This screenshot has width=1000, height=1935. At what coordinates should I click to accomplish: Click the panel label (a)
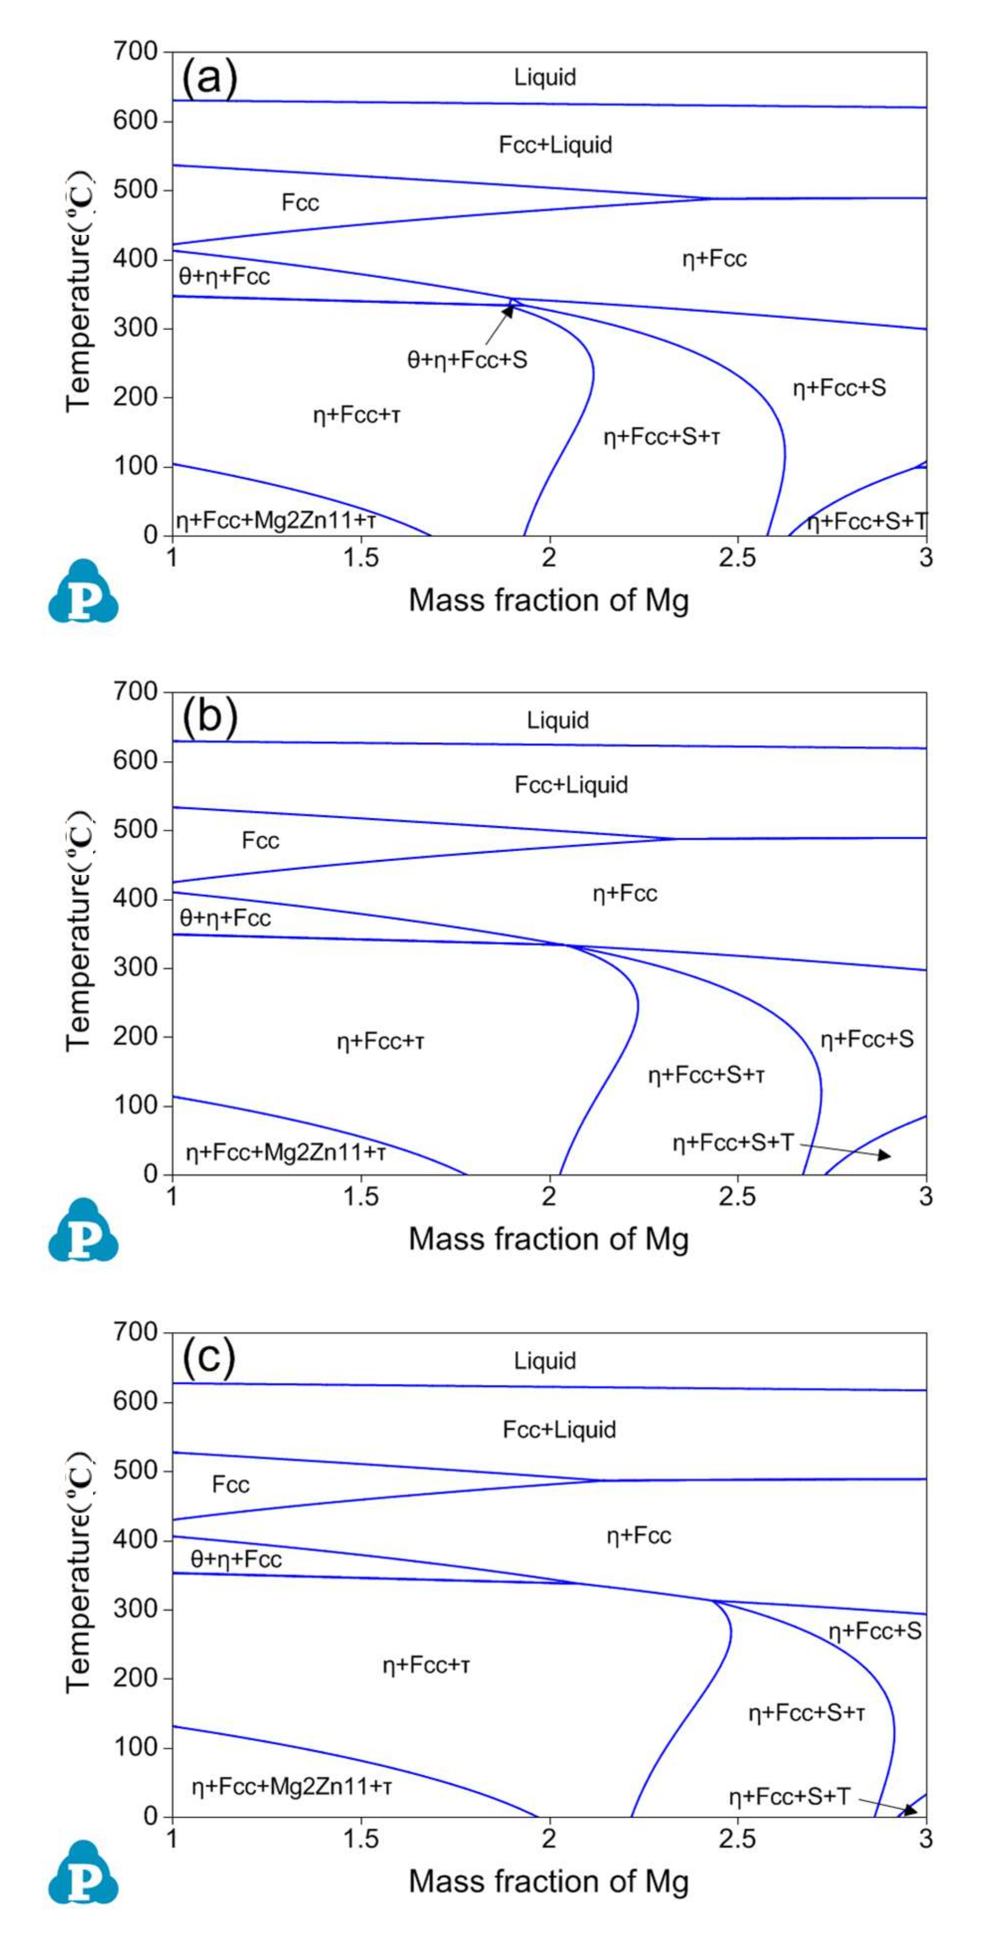209,77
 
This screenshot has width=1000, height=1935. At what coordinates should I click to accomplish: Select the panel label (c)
209,1357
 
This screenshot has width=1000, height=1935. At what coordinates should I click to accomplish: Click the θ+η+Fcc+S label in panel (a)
467,360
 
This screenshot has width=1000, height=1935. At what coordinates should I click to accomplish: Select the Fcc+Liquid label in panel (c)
559,1429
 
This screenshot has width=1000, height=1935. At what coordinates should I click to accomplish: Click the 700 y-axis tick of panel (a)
135,52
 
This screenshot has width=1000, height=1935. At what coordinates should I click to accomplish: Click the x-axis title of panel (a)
548,601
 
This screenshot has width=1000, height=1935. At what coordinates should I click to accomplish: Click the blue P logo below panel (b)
84,1230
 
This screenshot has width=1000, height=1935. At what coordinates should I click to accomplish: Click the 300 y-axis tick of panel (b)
135,967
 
